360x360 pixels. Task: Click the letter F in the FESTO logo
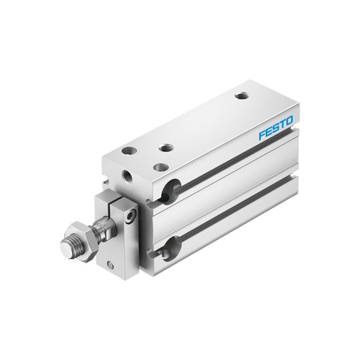[x=262, y=135]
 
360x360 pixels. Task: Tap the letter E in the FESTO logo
[x=269, y=132]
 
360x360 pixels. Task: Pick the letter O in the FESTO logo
[x=289, y=121]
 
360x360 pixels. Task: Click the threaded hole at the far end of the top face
[x=242, y=95]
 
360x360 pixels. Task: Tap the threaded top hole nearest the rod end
[x=166, y=148]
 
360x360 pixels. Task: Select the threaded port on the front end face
[x=128, y=176]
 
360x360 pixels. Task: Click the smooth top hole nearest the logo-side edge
[x=161, y=167]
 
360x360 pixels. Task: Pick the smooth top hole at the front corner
[x=129, y=151]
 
